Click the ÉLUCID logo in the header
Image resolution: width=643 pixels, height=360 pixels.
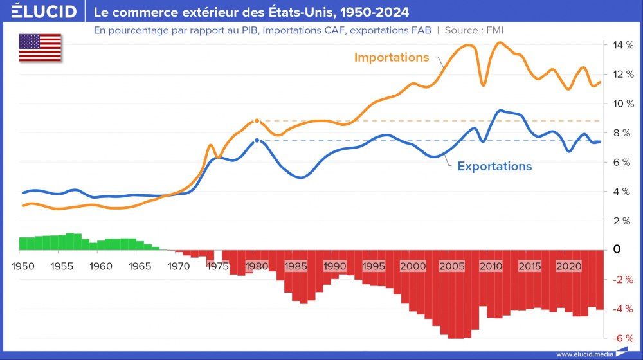(x=44, y=12)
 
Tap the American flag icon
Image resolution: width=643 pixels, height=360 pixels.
(x=40, y=48)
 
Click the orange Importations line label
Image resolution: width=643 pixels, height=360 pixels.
(x=392, y=57)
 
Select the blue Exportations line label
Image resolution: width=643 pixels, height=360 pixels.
(x=494, y=166)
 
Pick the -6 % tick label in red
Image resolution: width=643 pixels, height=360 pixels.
(x=622, y=338)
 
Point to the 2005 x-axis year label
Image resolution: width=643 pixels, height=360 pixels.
(x=452, y=266)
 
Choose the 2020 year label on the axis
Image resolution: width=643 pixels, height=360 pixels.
(x=568, y=266)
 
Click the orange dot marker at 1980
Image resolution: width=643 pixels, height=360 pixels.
(x=257, y=121)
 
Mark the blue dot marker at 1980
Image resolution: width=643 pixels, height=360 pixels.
(x=257, y=140)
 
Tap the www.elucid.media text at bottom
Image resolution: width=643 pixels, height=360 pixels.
(x=584, y=354)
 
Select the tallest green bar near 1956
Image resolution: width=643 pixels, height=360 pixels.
(x=70, y=241)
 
